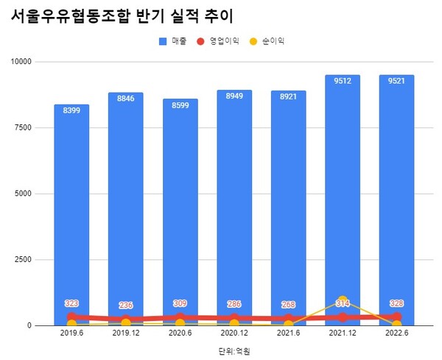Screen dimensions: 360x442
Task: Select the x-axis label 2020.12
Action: [x=234, y=333]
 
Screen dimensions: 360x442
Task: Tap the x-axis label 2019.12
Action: [x=126, y=333]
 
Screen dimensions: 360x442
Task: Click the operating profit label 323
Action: [x=71, y=303]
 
